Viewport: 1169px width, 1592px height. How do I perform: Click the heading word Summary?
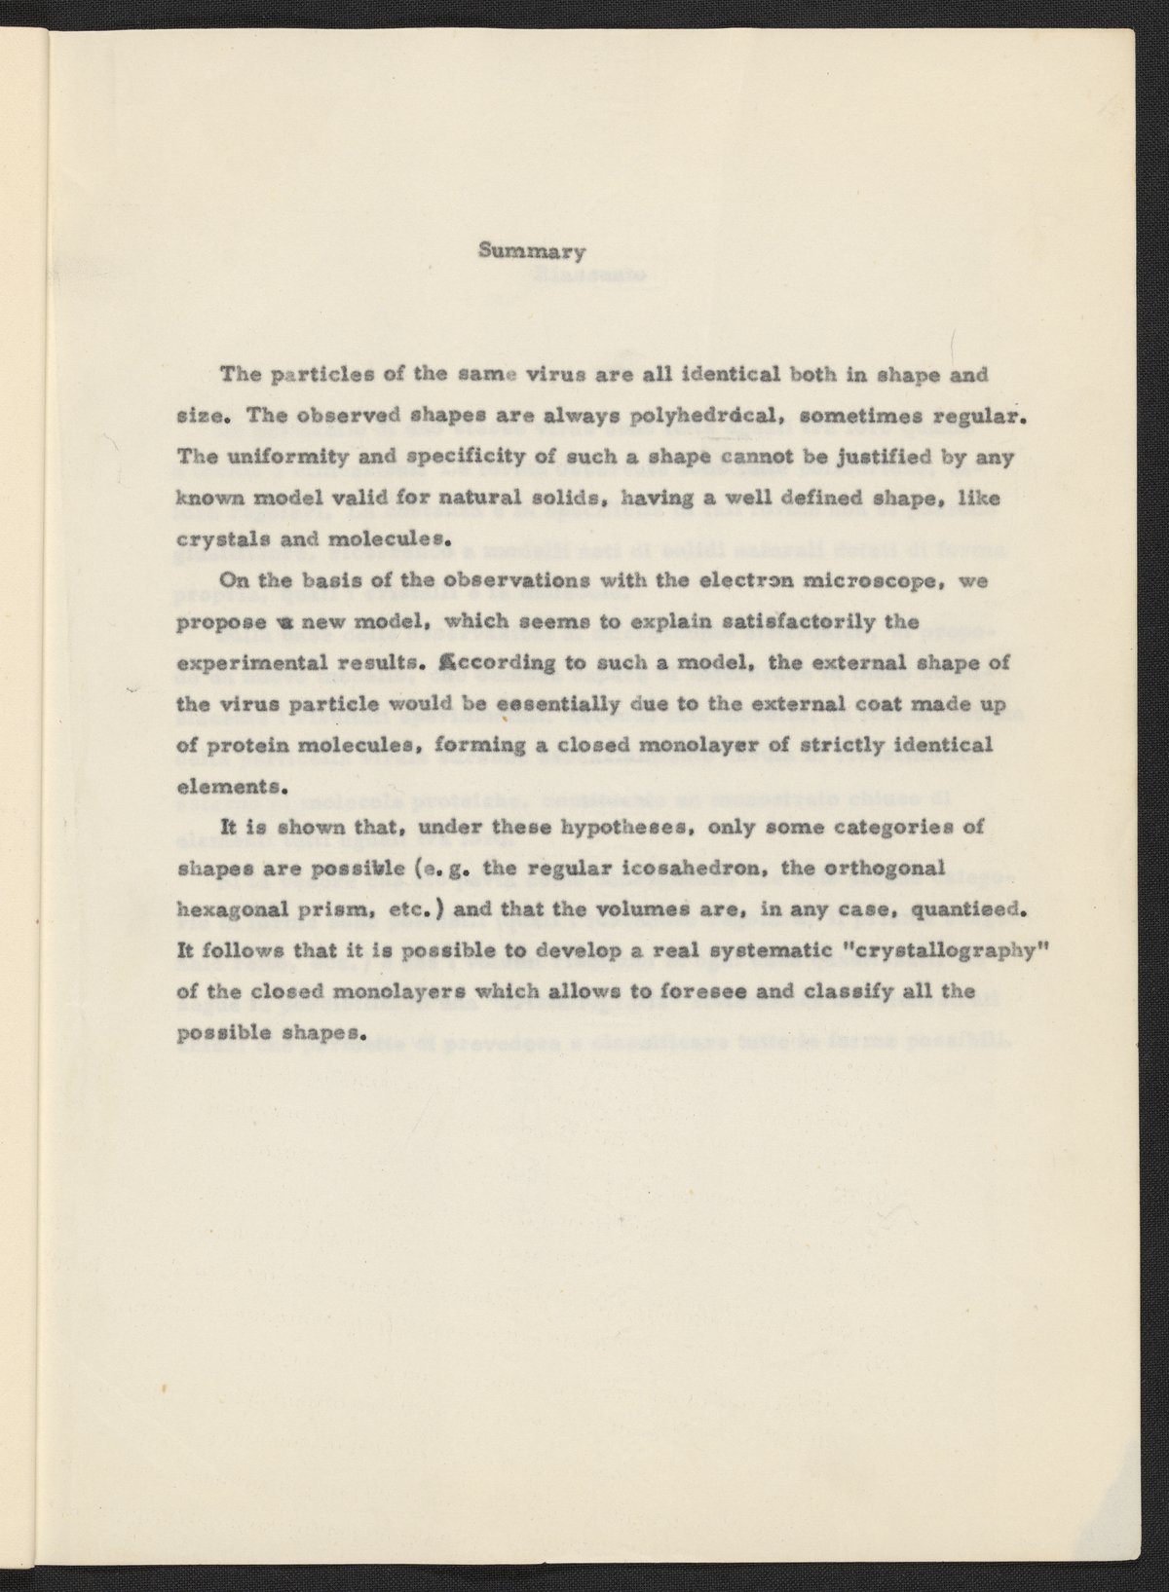(x=531, y=251)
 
